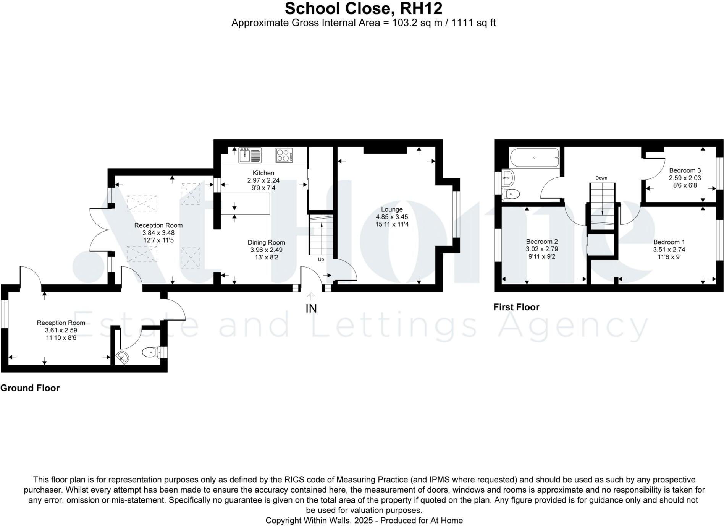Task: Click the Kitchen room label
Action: coord(263,173)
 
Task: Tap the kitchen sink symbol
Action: coord(250,155)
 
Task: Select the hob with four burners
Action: coord(284,155)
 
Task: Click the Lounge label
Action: coord(392,209)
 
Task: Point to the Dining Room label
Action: coord(266,242)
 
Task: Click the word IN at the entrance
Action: coord(311,308)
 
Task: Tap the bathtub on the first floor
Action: coord(535,157)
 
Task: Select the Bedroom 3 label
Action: coord(685,170)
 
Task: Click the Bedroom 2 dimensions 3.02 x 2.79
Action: coord(542,249)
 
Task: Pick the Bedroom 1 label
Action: coord(669,242)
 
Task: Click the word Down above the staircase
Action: coord(601,178)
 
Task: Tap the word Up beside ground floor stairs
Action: coord(321,259)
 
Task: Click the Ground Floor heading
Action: coord(30,388)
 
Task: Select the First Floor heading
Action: coord(516,307)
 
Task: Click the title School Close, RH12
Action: coord(363,8)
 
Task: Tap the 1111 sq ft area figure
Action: coord(473,23)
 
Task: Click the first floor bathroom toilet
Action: coord(511,194)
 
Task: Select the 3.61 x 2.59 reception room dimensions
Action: coord(61,330)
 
